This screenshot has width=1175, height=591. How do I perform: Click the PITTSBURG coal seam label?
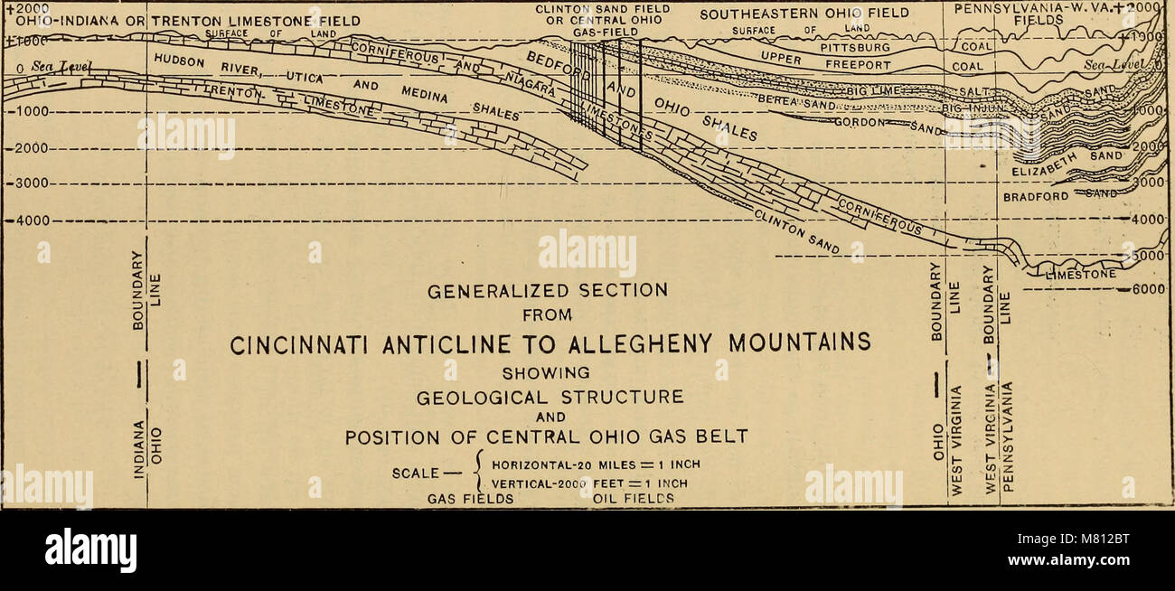coord(855,48)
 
